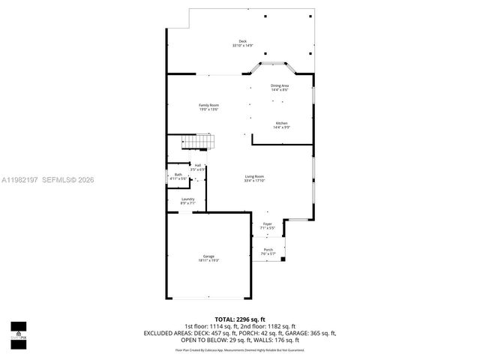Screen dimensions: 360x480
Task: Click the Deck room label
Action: [x=242, y=41]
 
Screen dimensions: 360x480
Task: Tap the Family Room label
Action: [x=208, y=105]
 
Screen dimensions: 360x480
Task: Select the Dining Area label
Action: [x=280, y=85]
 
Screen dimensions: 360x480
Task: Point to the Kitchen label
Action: [x=281, y=123]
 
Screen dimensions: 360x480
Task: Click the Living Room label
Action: [x=254, y=176]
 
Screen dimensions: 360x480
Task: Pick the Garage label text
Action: [x=208, y=256]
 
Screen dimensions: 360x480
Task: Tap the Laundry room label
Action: [x=187, y=199]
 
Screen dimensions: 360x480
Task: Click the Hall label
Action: [x=198, y=165]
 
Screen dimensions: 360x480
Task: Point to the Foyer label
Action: [x=268, y=223]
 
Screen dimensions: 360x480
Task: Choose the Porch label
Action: [x=268, y=249]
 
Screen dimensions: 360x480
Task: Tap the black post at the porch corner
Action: [x=283, y=260]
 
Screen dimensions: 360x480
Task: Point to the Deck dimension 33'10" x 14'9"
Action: [x=242, y=46]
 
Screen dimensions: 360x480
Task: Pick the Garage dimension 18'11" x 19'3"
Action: [x=208, y=260]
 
